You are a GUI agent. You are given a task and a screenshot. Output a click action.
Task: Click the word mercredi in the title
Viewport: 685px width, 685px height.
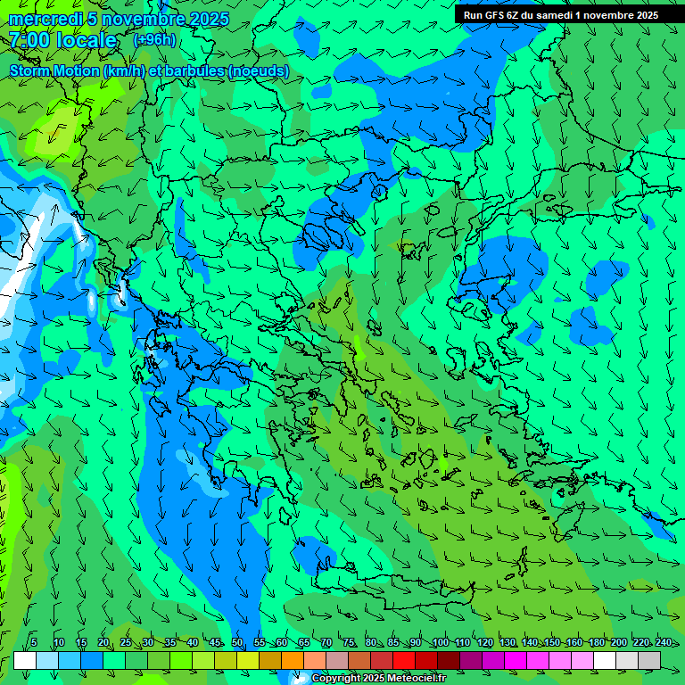click(45, 19)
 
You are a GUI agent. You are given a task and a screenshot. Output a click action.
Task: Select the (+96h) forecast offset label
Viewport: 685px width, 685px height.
click(154, 39)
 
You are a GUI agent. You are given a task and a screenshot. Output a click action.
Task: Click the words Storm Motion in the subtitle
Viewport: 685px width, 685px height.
click(54, 70)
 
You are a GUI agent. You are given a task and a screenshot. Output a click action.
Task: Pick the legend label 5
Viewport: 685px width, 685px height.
click(34, 643)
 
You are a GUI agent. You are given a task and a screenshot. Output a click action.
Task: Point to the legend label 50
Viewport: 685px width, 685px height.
click(237, 643)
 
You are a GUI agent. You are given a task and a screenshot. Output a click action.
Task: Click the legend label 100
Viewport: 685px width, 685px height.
click(441, 643)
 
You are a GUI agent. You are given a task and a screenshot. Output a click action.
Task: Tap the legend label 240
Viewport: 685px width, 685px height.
click(663, 643)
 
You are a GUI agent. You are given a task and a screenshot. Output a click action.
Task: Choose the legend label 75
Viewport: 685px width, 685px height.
click(349, 643)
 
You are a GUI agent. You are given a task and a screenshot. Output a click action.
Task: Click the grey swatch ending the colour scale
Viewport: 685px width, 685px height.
click(649, 660)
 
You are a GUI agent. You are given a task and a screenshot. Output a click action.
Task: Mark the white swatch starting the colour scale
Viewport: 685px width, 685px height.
click(25, 660)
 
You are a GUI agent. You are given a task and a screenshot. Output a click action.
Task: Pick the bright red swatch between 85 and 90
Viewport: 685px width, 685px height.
click(404, 660)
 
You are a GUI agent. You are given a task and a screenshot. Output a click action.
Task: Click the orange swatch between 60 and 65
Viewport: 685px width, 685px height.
click(293, 660)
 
